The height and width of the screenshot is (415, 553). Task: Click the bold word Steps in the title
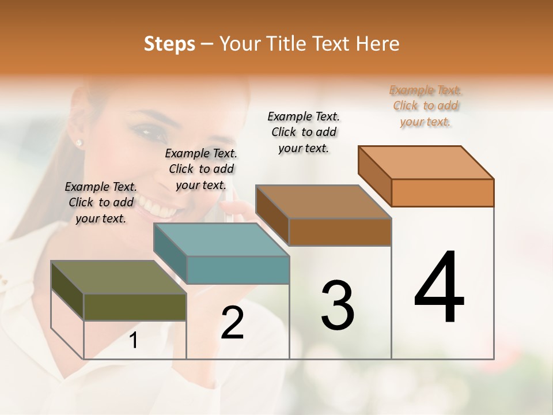[169, 44]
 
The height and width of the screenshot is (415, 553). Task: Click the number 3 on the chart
[337, 305]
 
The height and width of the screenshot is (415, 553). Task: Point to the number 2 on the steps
[232, 323]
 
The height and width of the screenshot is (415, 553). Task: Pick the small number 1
[133, 341]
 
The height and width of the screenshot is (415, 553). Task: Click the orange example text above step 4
[426, 105]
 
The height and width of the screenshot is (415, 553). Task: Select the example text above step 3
[304, 132]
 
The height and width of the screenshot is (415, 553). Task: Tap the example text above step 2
[201, 169]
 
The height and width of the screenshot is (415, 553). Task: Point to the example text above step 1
[101, 202]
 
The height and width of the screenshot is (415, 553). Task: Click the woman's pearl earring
[79, 142]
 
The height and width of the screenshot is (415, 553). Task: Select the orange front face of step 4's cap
[442, 193]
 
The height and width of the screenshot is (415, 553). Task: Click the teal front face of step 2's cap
[238, 270]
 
